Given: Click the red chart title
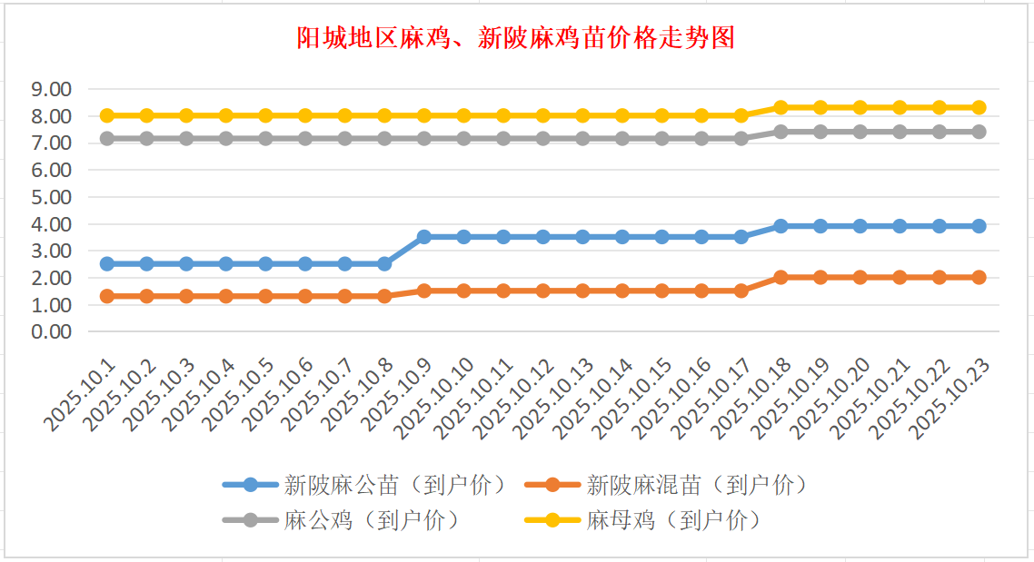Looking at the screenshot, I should click(516, 38).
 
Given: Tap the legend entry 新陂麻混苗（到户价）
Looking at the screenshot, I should click(697, 485).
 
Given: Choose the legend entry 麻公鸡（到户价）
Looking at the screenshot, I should click(371, 520).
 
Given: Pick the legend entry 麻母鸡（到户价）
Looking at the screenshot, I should click(673, 520).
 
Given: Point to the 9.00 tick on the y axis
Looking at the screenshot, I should click(51, 89).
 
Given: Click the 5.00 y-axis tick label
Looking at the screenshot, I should click(51, 197).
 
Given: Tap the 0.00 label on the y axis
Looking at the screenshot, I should click(51, 331).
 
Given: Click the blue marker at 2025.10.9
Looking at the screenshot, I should click(424, 236).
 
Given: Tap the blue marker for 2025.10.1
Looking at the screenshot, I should click(107, 263).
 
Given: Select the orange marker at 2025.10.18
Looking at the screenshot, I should click(780, 277).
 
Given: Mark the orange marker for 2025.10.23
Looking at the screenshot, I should click(979, 277).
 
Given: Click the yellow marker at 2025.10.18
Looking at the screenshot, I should click(780, 107).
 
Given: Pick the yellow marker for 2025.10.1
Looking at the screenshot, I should click(107, 115).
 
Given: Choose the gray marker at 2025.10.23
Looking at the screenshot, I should click(979, 132).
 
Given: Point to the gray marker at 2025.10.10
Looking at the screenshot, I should click(463, 139).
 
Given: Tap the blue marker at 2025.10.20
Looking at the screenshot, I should click(860, 226).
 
